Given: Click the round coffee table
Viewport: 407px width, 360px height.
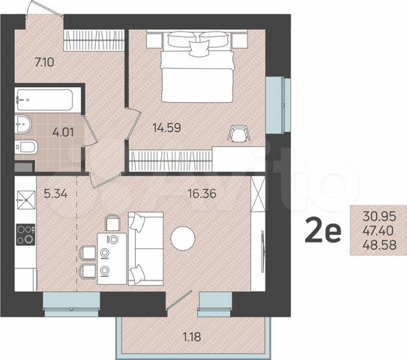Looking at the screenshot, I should (182, 239).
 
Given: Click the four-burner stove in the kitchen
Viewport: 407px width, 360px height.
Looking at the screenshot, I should (25, 234).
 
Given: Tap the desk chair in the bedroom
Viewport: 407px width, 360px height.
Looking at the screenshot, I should (239, 133).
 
